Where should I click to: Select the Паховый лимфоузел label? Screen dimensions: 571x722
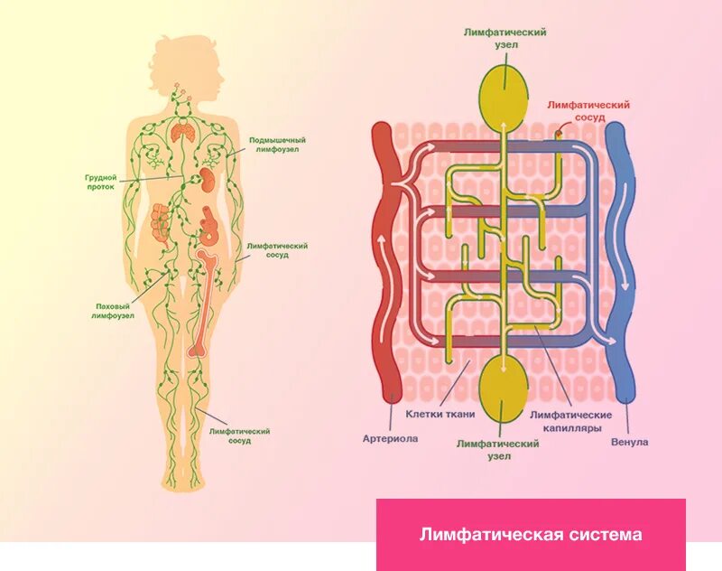click(x=115, y=311)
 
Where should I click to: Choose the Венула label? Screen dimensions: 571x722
click(x=629, y=442)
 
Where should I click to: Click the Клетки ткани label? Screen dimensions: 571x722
click(x=440, y=413)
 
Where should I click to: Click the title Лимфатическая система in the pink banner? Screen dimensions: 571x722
click(x=531, y=535)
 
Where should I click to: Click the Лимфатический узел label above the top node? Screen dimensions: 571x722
click(x=504, y=38)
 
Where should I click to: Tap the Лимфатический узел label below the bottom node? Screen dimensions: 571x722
click(x=498, y=450)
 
